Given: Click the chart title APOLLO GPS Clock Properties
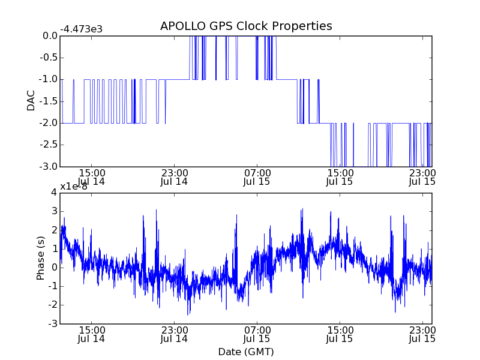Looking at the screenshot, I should [246, 26].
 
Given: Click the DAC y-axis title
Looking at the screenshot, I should [31, 101].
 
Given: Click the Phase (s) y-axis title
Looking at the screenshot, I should [40, 257].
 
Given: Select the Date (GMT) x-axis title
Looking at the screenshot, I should [246, 352].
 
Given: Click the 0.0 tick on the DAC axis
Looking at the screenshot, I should [50, 36].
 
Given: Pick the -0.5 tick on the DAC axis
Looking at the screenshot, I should [49, 58].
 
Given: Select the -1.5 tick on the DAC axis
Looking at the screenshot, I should [49, 101].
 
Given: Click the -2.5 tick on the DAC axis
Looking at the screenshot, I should [49, 145].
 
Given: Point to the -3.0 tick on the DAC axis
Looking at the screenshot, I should [49, 166].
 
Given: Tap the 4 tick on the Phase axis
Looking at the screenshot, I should [54, 192].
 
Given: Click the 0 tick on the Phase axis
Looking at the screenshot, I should [54, 267].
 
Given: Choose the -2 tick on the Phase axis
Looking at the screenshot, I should [52, 305].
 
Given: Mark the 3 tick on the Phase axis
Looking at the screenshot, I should [54, 211].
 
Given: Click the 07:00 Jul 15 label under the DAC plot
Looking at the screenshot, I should [257, 176].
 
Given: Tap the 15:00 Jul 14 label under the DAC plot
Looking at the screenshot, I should [91, 176].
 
